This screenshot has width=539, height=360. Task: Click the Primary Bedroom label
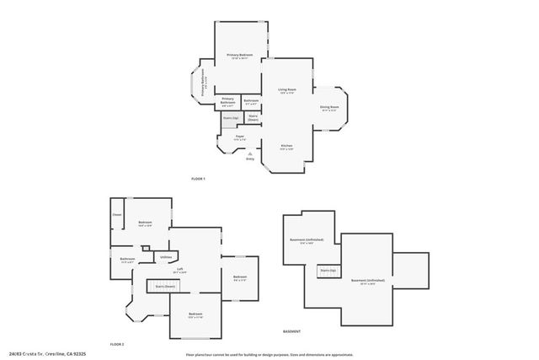[240, 56]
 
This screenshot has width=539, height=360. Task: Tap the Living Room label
[286, 89]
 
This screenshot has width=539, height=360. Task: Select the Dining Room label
[329, 108]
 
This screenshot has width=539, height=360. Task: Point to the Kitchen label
[286, 147]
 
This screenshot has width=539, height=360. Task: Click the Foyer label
[240, 137]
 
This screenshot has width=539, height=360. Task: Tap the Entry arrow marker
[249, 153]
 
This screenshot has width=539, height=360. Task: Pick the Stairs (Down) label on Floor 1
[253, 117]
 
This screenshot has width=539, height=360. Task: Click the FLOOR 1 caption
[198, 179]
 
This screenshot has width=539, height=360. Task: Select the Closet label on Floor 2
[117, 215]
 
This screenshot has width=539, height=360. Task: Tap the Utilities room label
[166, 256]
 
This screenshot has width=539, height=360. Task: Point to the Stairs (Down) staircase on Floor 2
[164, 287]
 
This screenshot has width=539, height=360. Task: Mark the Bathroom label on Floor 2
[127, 260]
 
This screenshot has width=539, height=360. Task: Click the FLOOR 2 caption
[117, 344]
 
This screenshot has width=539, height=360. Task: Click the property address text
[53, 354]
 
